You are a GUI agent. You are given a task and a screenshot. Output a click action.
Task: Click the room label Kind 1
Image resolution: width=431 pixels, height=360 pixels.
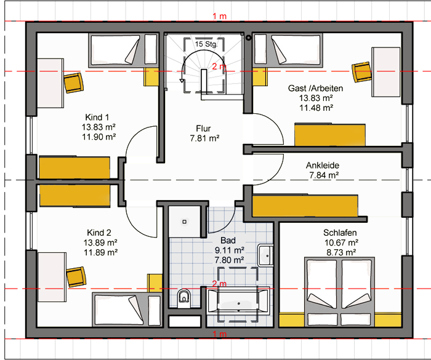pyautogui.click(x=97, y=118)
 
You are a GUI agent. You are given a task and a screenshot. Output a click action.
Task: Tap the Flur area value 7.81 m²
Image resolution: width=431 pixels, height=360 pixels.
pyautogui.click(x=204, y=138)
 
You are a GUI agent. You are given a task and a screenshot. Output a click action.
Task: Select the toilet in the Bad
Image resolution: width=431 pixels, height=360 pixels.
pyautogui.click(x=184, y=298)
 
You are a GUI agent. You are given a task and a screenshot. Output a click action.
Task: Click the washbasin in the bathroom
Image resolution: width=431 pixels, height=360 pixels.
pyautogui.click(x=265, y=255)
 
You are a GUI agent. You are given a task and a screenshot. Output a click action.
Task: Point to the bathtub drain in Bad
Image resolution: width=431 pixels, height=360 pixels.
pyautogui.click(x=239, y=303)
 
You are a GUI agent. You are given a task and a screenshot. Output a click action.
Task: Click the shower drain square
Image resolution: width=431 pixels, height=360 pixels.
pyautogui.click(x=185, y=222)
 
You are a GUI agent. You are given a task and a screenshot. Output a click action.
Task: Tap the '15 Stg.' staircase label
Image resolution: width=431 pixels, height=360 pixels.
pyautogui.click(x=206, y=44)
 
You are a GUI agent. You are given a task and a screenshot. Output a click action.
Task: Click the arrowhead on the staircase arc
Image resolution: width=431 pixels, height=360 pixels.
pyautogui.click(x=182, y=81)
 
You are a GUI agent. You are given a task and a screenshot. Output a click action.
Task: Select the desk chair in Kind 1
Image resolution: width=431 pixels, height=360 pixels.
pyautogui.click(x=73, y=82)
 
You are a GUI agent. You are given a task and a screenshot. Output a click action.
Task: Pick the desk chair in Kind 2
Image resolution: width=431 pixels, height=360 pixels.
pyautogui.click(x=76, y=277)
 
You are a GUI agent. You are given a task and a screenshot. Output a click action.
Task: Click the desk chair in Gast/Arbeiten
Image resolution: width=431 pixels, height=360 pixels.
pyautogui.click(x=362, y=72)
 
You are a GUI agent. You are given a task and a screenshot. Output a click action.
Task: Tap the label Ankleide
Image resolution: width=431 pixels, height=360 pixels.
pyautogui.click(x=323, y=165)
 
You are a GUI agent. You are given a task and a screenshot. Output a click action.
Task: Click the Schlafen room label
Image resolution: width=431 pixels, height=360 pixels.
pyautogui.click(x=340, y=233)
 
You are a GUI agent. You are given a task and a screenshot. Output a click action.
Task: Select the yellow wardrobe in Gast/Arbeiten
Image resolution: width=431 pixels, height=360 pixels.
pyautogui.click(x=330, y=135)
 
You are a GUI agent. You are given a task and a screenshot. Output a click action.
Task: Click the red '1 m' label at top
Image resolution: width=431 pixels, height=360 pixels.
pyautogui.click(x=219, y=17)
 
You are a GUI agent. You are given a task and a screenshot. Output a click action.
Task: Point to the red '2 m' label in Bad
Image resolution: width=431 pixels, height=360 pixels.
pyautogui.click(x=219, y=284)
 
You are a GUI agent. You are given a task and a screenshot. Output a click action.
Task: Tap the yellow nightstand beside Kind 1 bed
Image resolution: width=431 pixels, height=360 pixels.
pyautogui.click(x=151, y=77)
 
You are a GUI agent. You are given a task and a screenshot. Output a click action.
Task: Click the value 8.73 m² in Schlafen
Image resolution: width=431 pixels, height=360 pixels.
pyautogui.click(x=341, y=252)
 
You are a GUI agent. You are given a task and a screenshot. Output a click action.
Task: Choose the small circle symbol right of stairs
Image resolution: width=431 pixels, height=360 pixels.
pyautogui.click(x=249, y=38)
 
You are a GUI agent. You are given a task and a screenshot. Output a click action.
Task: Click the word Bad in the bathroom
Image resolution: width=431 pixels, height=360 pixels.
pyautogui.click(x=228, y=240)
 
